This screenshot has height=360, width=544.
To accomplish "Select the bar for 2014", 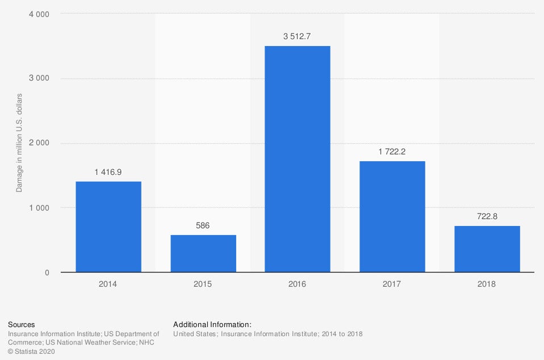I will (108, 227).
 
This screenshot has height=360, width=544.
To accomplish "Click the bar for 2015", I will (203, 253).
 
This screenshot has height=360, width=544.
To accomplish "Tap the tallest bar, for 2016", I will (298, 159).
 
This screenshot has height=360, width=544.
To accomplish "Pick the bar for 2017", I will (392, 216).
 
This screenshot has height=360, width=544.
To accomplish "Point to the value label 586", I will (203, 225).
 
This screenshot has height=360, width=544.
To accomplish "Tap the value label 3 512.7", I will (298, 37).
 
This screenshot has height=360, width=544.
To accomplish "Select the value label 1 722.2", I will (392, 152).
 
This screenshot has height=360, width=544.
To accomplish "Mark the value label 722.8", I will (487, 216).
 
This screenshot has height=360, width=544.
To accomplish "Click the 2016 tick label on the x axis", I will (298, 284).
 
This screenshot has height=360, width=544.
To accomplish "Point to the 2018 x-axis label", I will (487, 284).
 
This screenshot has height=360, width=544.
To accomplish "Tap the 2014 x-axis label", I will (108, 284).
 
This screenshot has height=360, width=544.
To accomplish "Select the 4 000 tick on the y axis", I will (39, 14).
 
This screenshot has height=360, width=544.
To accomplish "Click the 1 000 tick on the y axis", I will (39, 208).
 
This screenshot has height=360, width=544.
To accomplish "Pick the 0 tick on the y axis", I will (47, 273).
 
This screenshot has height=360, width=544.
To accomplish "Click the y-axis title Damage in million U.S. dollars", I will (19, 143).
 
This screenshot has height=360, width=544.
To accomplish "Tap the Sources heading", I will (22, 325).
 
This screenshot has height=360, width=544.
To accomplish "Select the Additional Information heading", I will (212, 325).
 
